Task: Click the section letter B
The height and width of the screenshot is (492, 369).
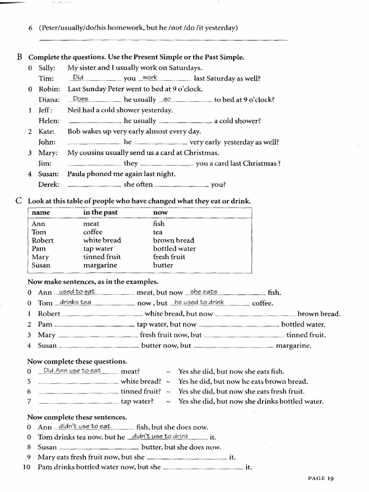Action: tap(20, 57)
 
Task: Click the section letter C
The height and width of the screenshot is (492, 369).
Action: tap(19, 200)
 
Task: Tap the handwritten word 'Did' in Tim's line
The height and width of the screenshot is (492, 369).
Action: tap(78, 77)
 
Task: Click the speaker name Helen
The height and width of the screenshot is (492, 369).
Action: tap(49, 121)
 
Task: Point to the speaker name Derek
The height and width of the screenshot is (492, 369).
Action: tap(49, 184)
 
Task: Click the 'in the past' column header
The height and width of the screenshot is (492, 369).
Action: tap(100, 212)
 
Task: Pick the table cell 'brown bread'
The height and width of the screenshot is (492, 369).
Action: tap(173, 240)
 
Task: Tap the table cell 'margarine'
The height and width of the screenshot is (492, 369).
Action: tap(100, 265)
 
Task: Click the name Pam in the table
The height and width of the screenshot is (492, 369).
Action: tap(39, 248)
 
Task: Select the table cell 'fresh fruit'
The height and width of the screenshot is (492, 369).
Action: tap(169, 257)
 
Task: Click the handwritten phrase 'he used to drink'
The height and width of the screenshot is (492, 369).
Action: tap(199, 302)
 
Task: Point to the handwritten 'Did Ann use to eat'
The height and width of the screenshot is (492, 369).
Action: tap(72, 370)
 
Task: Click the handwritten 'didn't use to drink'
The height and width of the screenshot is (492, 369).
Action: tap(160, 436)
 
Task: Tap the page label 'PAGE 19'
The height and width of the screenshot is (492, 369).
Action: tap(320, 478)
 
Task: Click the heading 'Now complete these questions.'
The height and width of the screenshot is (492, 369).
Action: tap(77, 361)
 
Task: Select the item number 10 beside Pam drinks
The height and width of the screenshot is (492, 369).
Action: tap(27, 467)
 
